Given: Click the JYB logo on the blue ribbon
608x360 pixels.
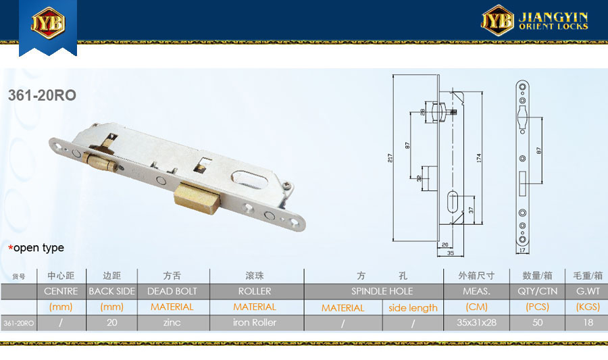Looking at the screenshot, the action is (48, 22).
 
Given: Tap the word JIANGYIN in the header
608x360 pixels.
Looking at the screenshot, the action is (553, 17).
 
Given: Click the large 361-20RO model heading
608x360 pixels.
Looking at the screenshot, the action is (42, 95).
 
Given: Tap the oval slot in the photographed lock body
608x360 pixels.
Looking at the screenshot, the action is (251, 180).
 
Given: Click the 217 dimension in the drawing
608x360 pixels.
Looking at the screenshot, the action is (390, 158).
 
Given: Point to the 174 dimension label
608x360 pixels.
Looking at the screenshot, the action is (479, 158).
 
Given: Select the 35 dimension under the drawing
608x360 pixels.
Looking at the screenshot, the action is (450, 253).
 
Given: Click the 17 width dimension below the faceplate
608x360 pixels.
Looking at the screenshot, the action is (522, 251).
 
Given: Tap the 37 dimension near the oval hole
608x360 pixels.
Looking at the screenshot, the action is (471, 210).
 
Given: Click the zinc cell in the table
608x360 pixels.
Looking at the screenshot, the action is (172, 322).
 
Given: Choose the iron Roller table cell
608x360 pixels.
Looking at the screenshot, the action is (255, 322).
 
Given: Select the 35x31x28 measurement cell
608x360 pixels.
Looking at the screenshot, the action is (476, 322).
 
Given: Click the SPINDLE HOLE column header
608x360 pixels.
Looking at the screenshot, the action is (382, 291).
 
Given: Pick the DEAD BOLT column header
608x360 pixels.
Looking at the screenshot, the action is (172, 291).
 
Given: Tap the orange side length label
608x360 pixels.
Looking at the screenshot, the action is (413, 308).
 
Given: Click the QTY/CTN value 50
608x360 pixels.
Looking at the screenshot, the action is (538, 322).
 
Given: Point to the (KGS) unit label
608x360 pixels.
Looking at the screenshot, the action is (588, 307).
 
